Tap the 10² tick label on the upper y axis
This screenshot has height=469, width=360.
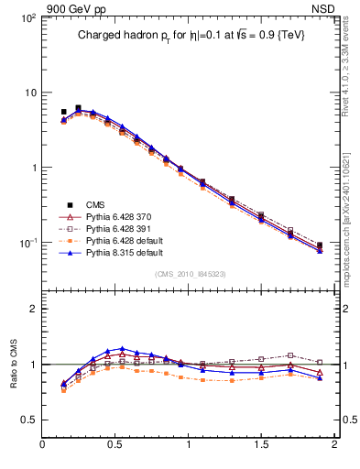[x=27, y=18]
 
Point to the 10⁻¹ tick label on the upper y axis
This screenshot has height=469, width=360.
[x=27, y=243]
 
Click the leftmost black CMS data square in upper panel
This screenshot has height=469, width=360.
[x=63, y=112]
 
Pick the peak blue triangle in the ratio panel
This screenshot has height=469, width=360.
[x=122, y=349]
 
